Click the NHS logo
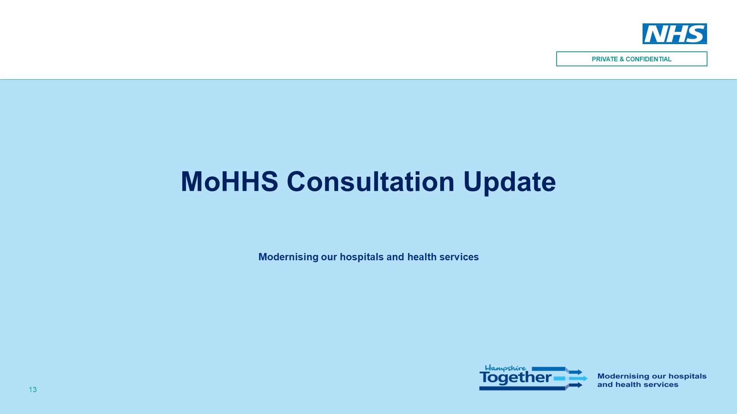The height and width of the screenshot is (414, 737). click(x=674, y=34)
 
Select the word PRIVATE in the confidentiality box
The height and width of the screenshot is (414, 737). click(x=605, y=59)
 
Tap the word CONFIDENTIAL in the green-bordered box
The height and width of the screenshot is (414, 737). click(x=649, y=59)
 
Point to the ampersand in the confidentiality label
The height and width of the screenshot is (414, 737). click(x=622, y=59)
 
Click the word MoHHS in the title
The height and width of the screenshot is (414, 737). click(x=230, y=181)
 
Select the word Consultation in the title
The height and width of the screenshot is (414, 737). click(x=371, y=181)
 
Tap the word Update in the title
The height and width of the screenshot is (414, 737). click(x=510, y=183)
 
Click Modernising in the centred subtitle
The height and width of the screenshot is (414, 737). click(x=288, y=257)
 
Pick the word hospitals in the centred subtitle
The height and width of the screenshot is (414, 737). click(x=362, y=257)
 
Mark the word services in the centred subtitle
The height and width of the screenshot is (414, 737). click(x=459, y=257)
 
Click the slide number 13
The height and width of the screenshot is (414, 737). click(x=33, y=389)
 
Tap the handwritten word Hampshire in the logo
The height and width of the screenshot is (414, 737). click(x=506, y=368)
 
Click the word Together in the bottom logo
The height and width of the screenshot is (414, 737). click(x=516, y=378)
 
